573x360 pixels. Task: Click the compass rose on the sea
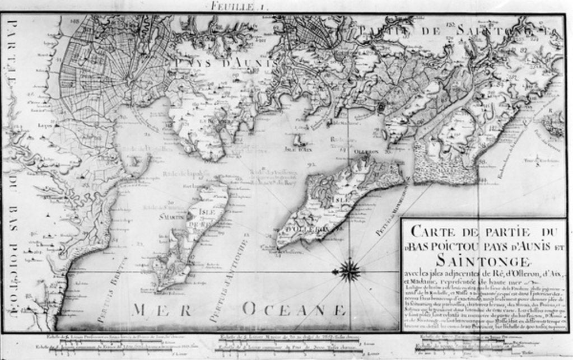point(350,271)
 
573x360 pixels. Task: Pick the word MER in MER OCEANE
point(159,310)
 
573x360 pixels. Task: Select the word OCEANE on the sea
point(294,309)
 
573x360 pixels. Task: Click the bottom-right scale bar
point(476,345)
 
